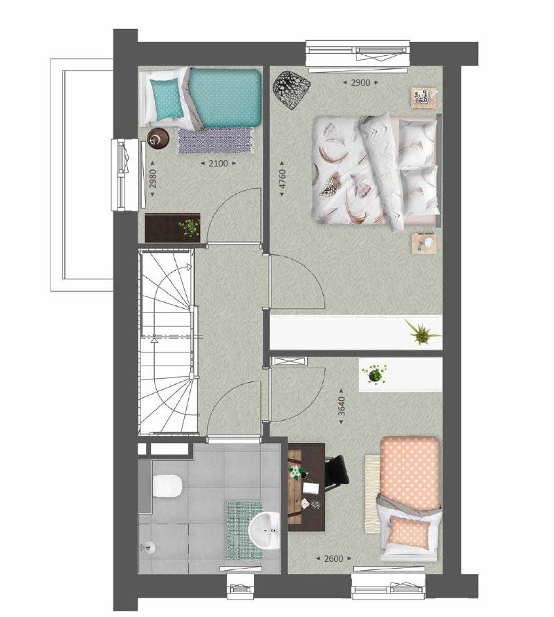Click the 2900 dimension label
coord(360,82)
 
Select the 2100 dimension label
coord(218,163)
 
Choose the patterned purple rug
coord(216,140)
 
